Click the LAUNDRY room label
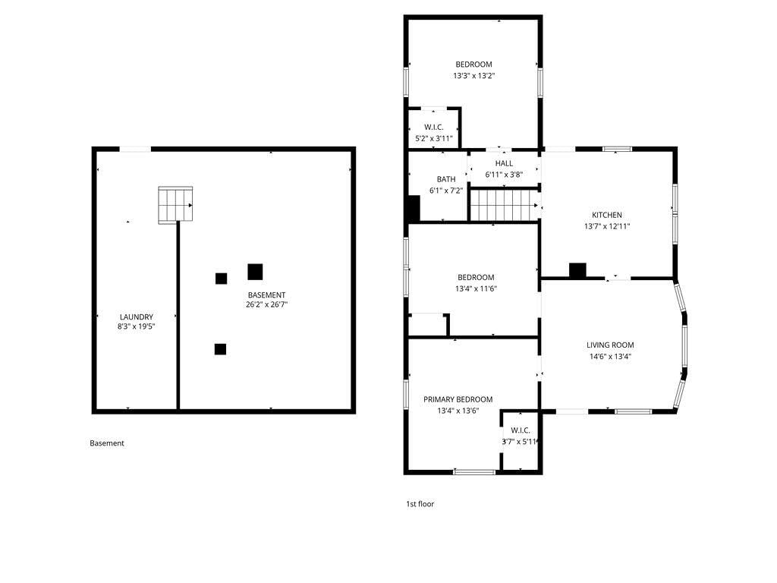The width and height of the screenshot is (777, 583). [x=137, y=317]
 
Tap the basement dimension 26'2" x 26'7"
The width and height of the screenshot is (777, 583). [x=266, y=304]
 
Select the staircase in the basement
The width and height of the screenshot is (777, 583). [x=175, y=205]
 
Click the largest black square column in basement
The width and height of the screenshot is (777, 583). [x=255, y=272]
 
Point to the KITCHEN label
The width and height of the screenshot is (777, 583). [x=607, y=215]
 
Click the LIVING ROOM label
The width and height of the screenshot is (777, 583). [x=610, y=345]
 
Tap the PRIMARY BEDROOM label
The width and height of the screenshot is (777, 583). [x=458, y=399]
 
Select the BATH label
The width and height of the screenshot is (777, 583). [x=446, y=179]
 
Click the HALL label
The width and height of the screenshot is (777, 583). [x=504, y=163]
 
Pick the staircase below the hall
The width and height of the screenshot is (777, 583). [x=504, y=205]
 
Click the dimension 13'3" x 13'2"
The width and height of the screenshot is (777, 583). [x=474, y=75]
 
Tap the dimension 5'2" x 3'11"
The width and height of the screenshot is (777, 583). [x=434, y=138]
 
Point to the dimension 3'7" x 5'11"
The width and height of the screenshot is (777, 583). [x=520, y=441]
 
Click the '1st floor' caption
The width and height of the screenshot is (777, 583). [x=420, y=504]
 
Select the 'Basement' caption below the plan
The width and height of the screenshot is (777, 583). [x=107, y=443]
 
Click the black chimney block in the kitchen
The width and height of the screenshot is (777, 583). [x=577, y=270]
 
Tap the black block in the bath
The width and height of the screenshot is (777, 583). [x=414, y=208]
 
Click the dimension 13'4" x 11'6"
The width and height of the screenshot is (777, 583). [x=477, y=288]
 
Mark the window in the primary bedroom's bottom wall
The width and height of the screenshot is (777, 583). [x=474, y=472]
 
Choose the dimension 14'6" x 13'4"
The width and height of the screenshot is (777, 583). [x=610, y=356]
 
